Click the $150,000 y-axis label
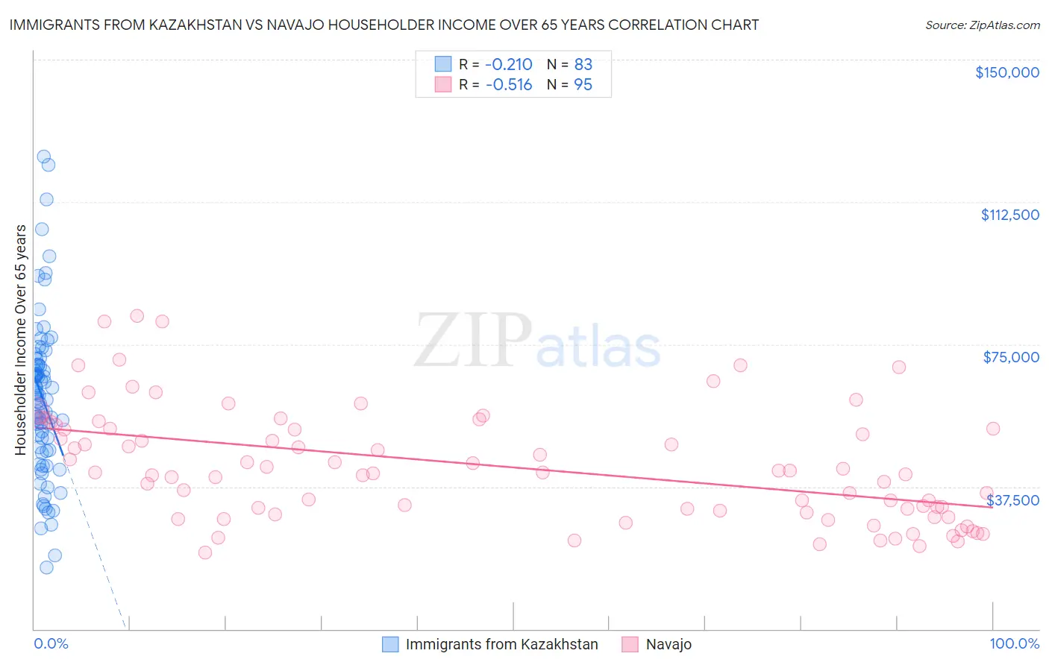[1006, 72]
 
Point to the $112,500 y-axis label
[1009, 215]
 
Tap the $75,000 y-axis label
[1011, 357]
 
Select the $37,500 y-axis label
[1012, 500]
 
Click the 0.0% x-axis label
[51, 643]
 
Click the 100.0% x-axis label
[1014, 643]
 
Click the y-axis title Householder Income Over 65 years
[20, 339]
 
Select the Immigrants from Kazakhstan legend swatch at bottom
[390, 644]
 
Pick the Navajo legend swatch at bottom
[630, 644]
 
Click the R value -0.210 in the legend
[508, 64]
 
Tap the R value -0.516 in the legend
[508, 85]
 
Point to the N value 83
[583, 64]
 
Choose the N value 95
[583, 85]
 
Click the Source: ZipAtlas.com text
[982, 25]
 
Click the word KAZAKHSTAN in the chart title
[185, 25]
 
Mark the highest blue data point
[44, 157]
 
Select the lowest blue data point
[46, 567]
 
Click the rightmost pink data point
[993, 429]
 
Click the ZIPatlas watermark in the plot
[537, 341]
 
